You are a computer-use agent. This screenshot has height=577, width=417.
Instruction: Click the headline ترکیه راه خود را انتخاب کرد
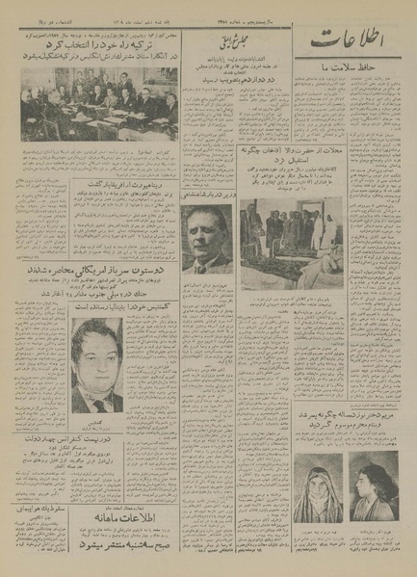point(92,45)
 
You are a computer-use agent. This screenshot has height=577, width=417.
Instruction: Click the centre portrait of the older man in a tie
point(205,238)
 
